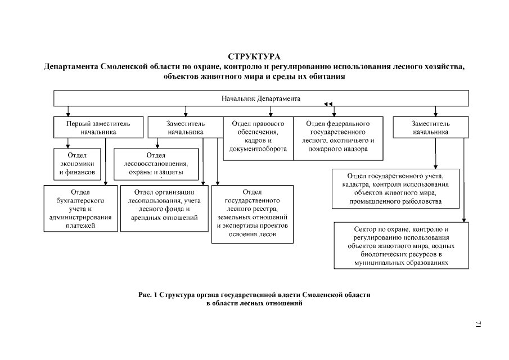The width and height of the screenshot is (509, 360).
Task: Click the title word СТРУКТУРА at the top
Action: click(x=254, y=57)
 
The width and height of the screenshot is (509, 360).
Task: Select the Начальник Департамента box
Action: click(x=261, y=98)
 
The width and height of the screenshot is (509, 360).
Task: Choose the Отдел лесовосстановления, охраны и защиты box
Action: click(x=156, y=163)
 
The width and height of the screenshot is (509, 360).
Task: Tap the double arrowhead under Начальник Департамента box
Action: click(x=328, y=104)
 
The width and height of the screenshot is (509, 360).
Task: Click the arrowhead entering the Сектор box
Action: click(x=465, y=220)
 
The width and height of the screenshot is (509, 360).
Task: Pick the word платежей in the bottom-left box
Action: click(x=80, y=225)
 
